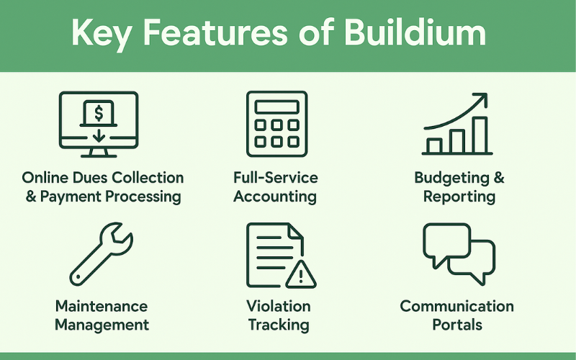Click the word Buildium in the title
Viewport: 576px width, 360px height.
(415, 32)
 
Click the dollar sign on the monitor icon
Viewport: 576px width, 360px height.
(99, 113)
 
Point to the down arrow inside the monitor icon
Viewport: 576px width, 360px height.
(99, 135)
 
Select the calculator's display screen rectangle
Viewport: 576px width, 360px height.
(277, 107)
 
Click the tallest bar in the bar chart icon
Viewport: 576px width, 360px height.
(480, 135)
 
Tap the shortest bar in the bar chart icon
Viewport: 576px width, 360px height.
(434, 146)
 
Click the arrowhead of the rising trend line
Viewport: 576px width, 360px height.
(481, 99)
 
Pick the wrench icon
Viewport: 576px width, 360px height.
(101, 254)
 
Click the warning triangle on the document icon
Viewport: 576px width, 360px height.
(300, 274)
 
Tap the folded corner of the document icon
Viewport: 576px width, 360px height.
(296, 233)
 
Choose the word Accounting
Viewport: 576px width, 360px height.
(275, 197)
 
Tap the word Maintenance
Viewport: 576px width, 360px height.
(102, 307)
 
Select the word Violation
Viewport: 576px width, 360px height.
(279, 307)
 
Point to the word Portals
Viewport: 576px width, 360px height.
(457, 325)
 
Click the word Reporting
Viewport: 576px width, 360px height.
(459, 197)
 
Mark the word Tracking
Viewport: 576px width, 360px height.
(279, 325)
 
